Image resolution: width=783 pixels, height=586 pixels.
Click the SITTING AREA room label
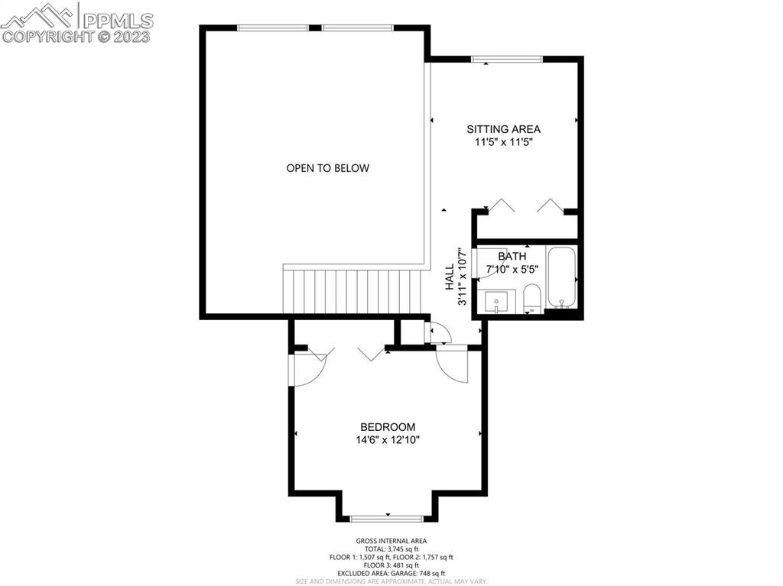tap(503, 129)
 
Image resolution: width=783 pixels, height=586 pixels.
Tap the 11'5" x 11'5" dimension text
tap(503, 141)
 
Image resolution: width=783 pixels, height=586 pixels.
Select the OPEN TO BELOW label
tap(327, 168)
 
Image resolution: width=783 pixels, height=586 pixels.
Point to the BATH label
tap(512, 257)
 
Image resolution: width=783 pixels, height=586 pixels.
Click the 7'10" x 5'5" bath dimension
tap(512, 269)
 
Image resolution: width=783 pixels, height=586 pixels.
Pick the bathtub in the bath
tap(562, 278)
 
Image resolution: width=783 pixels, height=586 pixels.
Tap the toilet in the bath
tap(532, 298)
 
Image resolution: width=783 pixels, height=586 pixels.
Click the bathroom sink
tap(498, 301)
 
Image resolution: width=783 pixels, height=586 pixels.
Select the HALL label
tap(450, 277)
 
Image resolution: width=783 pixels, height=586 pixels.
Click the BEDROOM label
tap(388, 427)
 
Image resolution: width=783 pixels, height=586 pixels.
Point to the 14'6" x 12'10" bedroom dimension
tap(388, 439)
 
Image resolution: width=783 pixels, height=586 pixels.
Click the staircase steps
tap(353, 290)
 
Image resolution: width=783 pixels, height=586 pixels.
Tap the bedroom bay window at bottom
tap(388, 519)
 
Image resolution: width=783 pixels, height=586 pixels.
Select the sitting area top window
tap(507, 59)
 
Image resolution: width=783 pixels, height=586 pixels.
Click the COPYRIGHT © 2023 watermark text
tap(76, 36)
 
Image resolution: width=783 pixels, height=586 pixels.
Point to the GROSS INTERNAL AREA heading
tap(391, 541)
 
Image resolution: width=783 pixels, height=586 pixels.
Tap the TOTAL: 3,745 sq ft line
tap(391, 549)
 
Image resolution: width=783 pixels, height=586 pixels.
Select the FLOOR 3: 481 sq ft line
tap(391, 565)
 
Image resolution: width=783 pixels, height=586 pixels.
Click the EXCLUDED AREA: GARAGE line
tap(391, 573)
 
